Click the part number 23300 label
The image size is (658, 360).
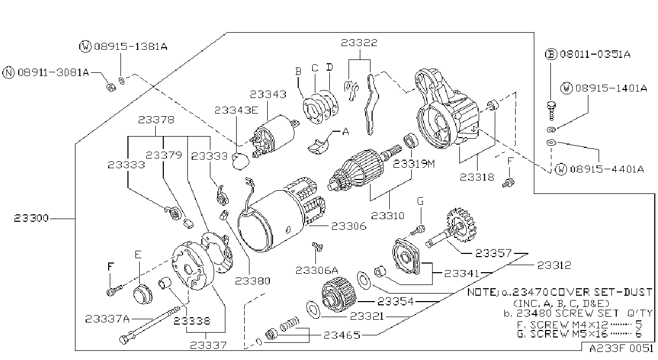pyautogui.click(x=31, y=219)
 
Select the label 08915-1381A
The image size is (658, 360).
pyautogui.click(x=131, y=47)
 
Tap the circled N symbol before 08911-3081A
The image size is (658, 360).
pyautogui.click(x=9, y=72)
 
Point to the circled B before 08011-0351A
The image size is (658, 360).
pyautogui.click(x=551, y=54)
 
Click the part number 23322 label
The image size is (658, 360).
pyautogui.click(x=359, y=43)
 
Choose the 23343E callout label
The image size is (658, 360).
pyautogui.click(x=237, y=110)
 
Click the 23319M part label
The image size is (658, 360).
pyautogui.click(x=414, y=164)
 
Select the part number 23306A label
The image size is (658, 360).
pyautogui.click(x=316, y=271)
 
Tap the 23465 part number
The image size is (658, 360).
pyautogui.click(x=342, y=335)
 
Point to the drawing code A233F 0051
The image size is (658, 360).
pyautogui.click(x=621, y=349)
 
